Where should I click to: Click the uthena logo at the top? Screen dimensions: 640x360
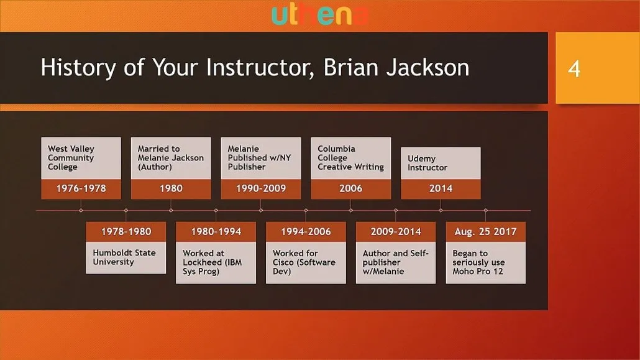[x=319, y=15]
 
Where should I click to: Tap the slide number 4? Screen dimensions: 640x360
[x=574, y=69]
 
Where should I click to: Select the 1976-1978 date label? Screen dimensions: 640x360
[x=81, y=188]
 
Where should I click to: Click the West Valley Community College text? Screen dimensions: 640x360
[x=71, y=158]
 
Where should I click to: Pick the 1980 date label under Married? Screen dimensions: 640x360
[x=171, y=188]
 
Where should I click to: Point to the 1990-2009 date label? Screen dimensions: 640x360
[x=261, y=188]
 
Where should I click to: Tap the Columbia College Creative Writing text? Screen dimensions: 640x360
[x=350, y=158]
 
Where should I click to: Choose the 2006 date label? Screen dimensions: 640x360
[x=350, y=188]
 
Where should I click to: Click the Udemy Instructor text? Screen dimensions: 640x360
[x=427, y=163]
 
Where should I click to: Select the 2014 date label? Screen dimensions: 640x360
[x=441, y=188]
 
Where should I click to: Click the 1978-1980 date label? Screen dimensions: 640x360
[x=126, y=232]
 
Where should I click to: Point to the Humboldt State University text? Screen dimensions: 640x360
[x=124, y=257]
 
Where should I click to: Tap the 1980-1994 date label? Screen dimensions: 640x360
[x=216, y=232]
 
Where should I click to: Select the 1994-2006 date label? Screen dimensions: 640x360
[x=306, y=232]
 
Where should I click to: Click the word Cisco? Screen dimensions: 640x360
[x=283, y=262]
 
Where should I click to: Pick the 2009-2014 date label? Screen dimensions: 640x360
[x=396, y=232]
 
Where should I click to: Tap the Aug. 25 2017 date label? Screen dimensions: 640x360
[x=485, y=232]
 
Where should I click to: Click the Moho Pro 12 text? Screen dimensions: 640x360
[x=478, y=271]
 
